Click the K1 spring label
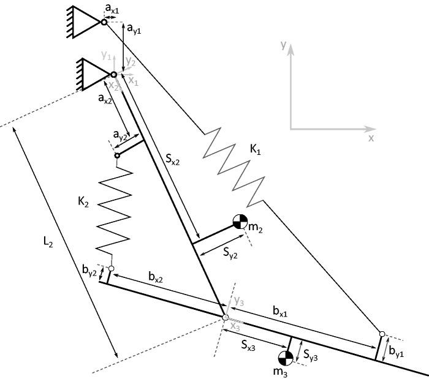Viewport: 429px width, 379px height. tap(255, 149)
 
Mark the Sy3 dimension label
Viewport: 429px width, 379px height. tap(311, 355)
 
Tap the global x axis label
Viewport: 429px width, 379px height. tap(371, 138)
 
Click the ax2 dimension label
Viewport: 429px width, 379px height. tap(105, 100)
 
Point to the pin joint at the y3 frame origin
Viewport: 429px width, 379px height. tap(225, 317)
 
